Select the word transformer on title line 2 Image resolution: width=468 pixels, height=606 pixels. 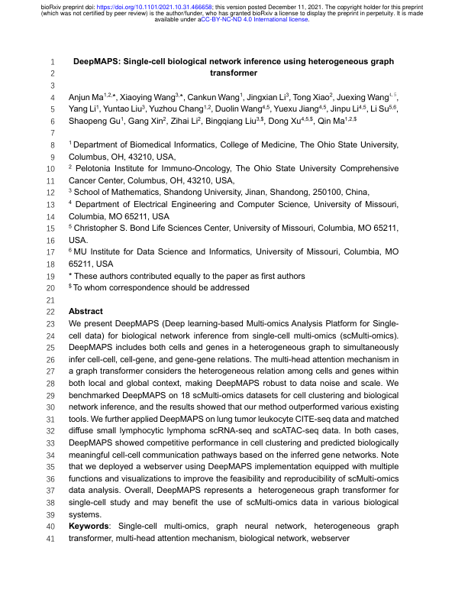point(233,73)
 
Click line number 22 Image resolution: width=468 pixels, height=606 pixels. point(50,313)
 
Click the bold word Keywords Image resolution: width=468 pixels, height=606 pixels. point(92,527)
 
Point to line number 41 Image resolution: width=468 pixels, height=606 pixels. point(50,539)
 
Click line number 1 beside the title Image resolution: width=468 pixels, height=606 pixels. point(52,60)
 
